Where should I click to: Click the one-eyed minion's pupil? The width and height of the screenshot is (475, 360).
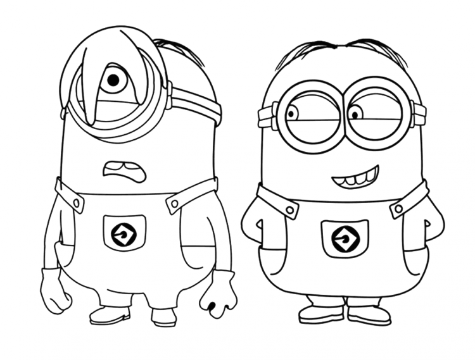tap(113, 80)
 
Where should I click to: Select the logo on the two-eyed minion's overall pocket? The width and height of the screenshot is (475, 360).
tap(346, 239)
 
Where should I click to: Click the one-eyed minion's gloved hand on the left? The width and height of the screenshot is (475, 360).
tap(53, 291)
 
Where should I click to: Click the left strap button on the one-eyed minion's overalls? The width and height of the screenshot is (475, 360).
tap(78, 202)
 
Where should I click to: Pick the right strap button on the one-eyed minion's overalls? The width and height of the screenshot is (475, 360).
tap(172, 203)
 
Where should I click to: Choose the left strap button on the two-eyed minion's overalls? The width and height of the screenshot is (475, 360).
tap(289, 209)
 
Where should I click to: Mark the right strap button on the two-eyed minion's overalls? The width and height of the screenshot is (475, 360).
tap(398, 208)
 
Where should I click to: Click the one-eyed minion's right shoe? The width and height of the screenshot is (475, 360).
tap(163, 315)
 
